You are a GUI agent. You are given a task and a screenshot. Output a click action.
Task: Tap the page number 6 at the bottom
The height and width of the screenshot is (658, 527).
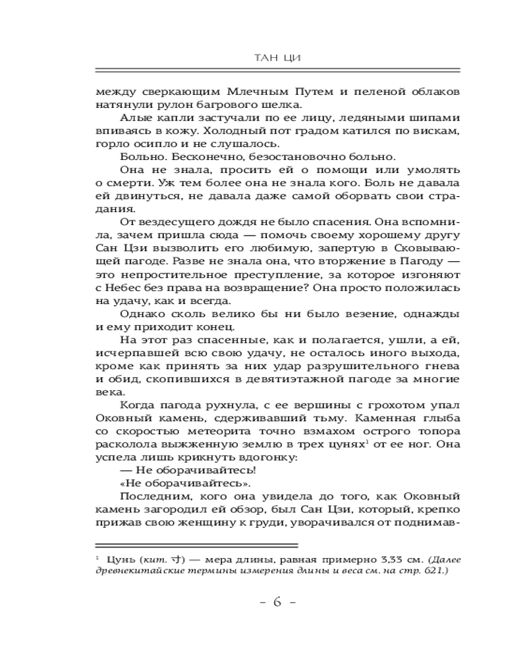pyautogui.click(x=277, y=602)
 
